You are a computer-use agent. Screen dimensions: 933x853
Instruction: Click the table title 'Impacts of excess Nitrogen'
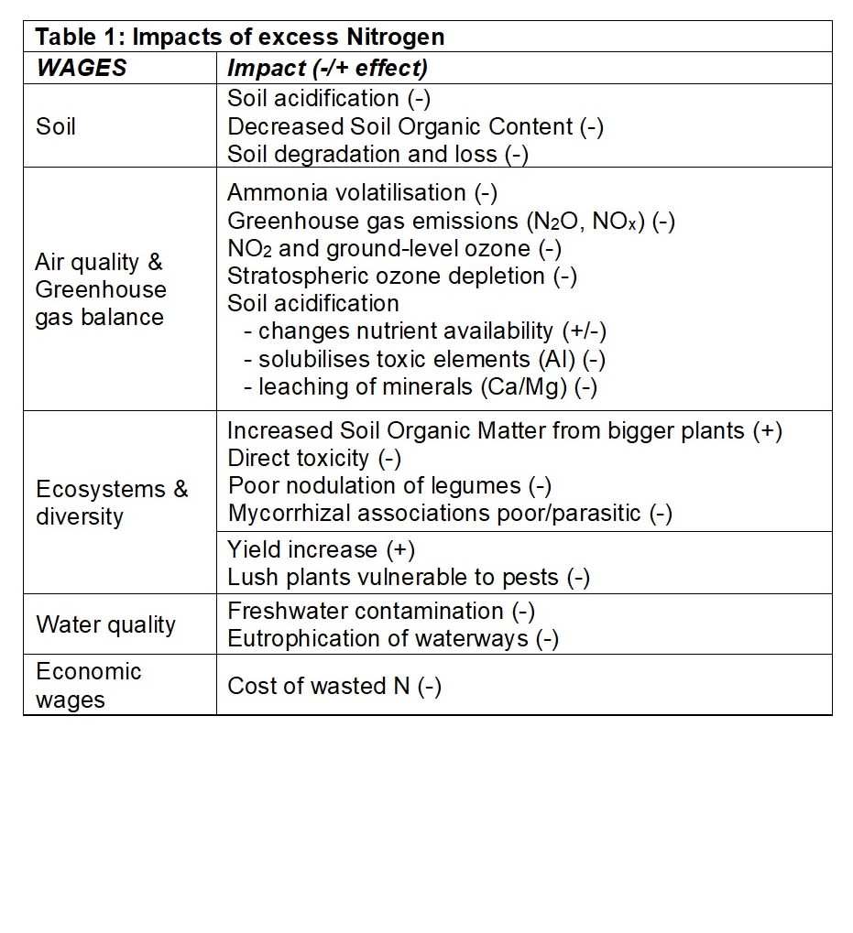click(239, 37)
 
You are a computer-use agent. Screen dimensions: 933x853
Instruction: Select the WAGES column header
click(81, 68)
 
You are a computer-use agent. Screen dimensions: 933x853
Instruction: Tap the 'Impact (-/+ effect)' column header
click(327, 68)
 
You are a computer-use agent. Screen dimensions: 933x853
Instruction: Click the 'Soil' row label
click(56, 125)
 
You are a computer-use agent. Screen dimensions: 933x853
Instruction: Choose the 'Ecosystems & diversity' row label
click(112, 502)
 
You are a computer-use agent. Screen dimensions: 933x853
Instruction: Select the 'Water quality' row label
click(105, 624)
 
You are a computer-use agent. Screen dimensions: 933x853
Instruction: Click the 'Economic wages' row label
click(89, 685)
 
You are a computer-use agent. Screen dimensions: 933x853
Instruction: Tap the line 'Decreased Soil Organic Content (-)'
click(415, 126)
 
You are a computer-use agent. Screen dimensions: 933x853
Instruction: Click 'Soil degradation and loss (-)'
click(377, 154)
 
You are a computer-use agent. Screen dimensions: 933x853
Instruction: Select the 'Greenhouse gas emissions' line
click(451, 222)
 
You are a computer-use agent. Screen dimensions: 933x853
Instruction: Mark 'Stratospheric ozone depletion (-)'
click(401, 276)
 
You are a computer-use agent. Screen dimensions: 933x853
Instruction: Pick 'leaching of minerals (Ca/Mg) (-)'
click(427, 386)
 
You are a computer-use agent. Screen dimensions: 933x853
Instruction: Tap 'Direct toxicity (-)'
click(314, 458)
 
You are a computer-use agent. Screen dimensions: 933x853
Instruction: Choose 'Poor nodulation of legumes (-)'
click(389, 485)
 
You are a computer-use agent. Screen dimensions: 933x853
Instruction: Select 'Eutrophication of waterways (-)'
click(393, 638)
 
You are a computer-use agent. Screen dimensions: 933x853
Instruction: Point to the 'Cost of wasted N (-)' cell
click(334, 686)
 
